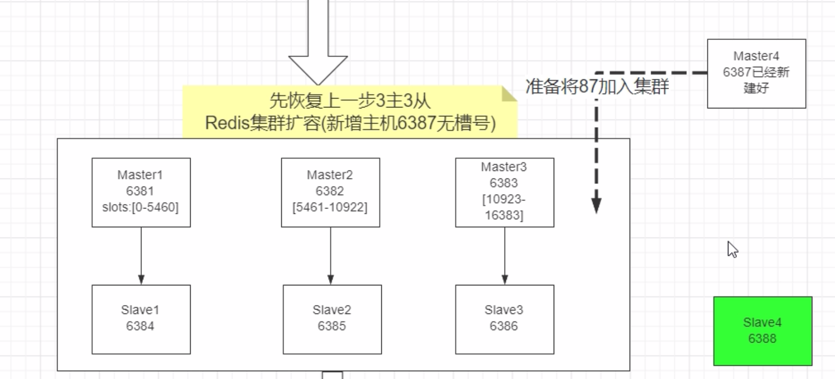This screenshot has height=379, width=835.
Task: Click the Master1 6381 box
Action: [141, 192]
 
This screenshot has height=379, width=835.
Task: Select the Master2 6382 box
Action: [330, 192]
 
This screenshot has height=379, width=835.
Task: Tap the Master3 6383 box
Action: [504, 192]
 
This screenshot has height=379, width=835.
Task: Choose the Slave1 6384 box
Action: [141, 319]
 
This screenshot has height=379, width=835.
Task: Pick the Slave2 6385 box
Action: [332, 319]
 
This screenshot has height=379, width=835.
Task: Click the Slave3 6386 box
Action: [504, 319]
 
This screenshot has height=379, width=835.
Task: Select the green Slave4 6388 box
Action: [763, 331]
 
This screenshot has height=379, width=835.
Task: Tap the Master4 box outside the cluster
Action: [756, 73]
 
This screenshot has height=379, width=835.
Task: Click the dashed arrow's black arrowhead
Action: [596, 206]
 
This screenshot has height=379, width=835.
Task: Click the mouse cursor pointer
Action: [732, 249]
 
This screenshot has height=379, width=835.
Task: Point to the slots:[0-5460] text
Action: [140, 207]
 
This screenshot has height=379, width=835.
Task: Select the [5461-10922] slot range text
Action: [330, 207]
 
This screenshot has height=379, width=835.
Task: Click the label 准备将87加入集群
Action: [597, 87]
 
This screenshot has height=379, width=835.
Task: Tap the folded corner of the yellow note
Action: [508, 94]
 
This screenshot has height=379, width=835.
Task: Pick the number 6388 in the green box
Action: [762, 339]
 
